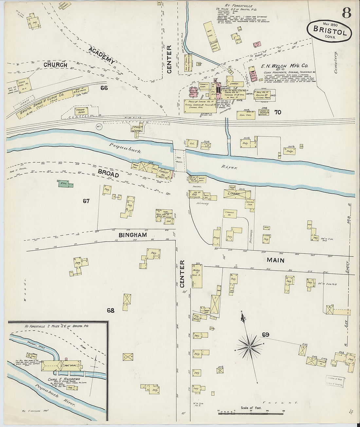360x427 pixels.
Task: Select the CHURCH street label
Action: tap(55, 65)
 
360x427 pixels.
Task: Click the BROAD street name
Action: tap(108, 175)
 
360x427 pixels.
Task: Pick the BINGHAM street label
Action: tap(133, 235)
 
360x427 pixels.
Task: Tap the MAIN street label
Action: tap(275, 260)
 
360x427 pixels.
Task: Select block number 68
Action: tap(111, 310)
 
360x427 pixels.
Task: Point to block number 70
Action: tap(278, 112)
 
